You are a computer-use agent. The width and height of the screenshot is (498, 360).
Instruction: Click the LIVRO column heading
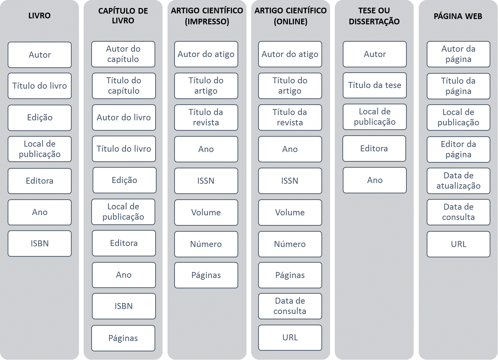(39, 16)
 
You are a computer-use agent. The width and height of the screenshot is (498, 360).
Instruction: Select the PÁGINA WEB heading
(458, 16)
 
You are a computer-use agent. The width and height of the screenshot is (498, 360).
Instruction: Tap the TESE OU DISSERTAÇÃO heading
(374, 16)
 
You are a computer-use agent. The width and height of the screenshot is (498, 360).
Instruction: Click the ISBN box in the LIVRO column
(40, 243)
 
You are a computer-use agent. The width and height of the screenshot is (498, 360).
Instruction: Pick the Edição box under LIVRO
(40, 118)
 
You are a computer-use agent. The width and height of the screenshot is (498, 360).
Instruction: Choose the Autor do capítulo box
(123, 54)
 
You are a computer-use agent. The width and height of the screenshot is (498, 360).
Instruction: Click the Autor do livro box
(124, 117)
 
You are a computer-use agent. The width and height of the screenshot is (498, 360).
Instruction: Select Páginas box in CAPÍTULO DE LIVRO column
(123, 338)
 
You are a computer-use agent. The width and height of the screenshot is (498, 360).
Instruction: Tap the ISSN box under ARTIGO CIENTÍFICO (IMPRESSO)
(206, 181)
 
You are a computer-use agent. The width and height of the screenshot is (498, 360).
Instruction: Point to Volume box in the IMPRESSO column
(206, 212)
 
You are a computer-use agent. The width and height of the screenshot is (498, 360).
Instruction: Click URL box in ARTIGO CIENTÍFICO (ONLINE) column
(290, 338)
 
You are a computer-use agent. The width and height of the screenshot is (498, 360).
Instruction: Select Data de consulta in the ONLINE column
(290, 306)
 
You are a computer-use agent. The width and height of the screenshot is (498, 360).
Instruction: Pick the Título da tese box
(375, 85)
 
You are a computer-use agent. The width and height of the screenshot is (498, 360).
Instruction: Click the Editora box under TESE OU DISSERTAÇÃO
(374, 148)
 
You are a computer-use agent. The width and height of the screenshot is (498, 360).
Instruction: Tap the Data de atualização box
(458, 181)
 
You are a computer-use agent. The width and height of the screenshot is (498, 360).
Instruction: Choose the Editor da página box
(458, 149)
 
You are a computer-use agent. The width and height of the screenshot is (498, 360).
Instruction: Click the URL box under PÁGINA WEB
(458, 244)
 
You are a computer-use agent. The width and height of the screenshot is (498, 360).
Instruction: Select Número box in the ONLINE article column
(290, 244)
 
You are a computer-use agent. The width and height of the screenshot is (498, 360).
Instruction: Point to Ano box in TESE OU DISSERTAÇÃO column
(375, 180)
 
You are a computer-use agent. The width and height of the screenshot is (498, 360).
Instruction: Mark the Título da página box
(458, 86)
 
